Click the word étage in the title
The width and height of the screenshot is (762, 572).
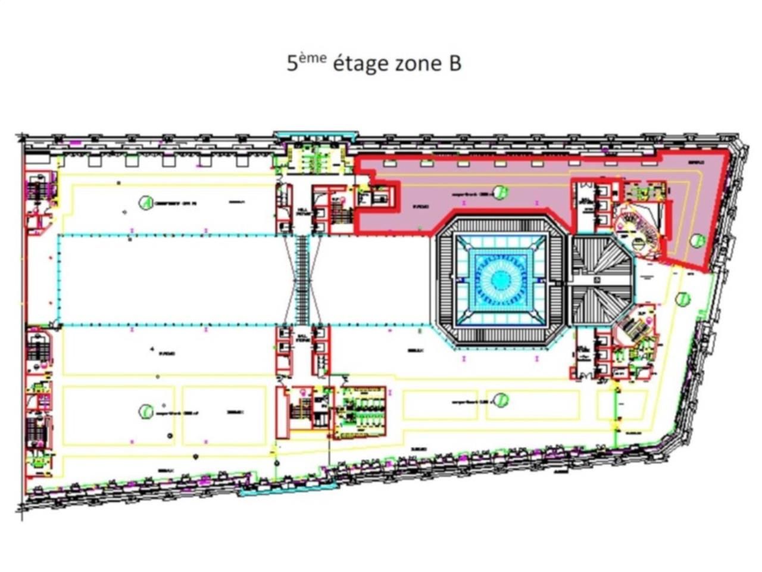click(x=360, y=63)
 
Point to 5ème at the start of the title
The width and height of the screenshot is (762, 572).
click(x=306, y=61)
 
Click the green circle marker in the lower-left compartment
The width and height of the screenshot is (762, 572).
click(x=145, y=411)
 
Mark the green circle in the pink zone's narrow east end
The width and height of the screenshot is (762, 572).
click(x=698, y=241)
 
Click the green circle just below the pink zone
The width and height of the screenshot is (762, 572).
click(x=683, y=299)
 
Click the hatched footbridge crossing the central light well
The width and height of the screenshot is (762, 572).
click(x=303, y=280)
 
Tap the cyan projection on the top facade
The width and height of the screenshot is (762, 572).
click(x=316, y=136)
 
